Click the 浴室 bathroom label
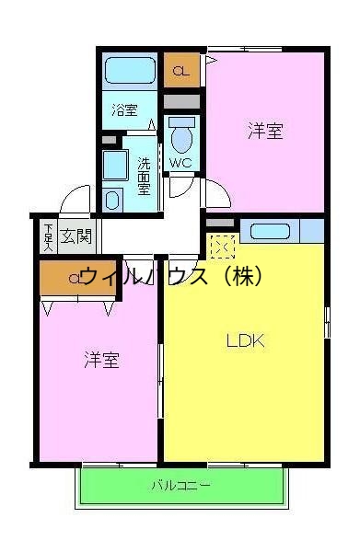125,110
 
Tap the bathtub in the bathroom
130,70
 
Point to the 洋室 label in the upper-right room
264,131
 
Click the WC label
180,164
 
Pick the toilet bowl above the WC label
182,138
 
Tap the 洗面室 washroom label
145,176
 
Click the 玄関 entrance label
76,236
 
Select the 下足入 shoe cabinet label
48,236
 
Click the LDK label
246,341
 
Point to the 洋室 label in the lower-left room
100,359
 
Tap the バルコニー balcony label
180,485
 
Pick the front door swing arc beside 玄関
75,201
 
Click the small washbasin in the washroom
113,199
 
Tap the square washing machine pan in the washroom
115,167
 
